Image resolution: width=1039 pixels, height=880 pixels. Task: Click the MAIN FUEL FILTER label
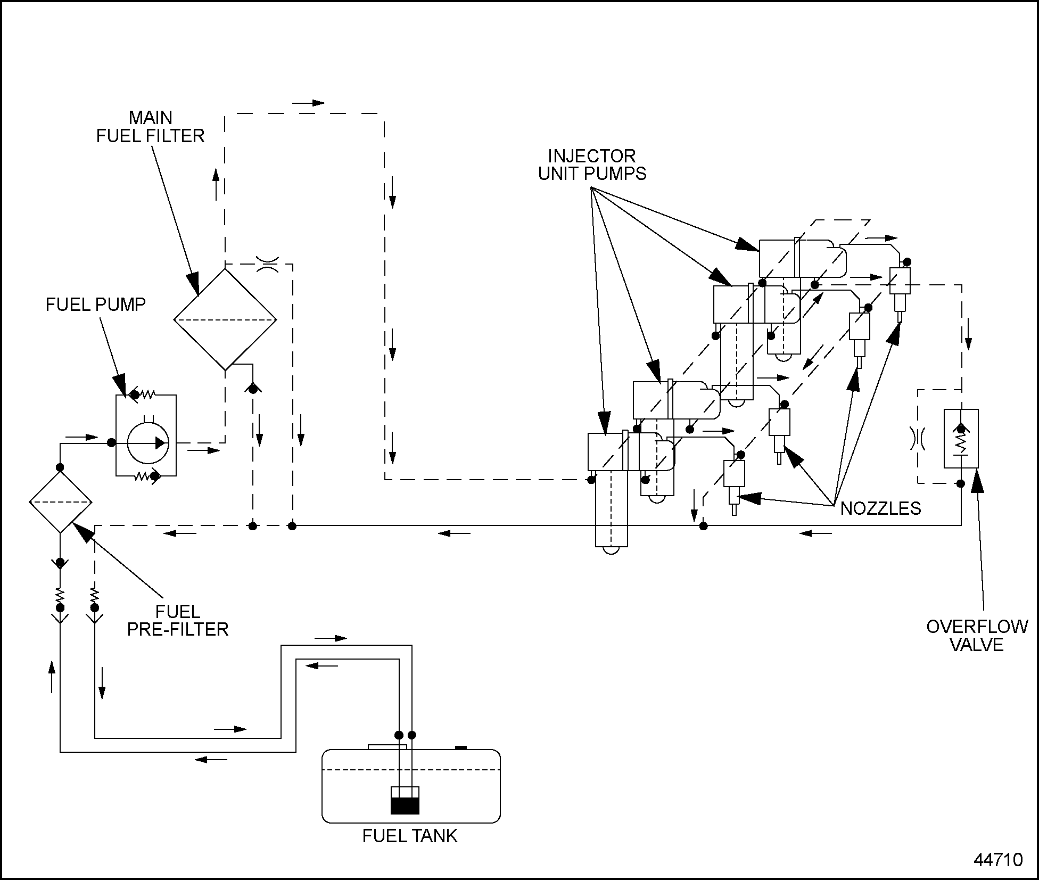point(151,127)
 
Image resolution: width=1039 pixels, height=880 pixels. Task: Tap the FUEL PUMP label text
point(96,305)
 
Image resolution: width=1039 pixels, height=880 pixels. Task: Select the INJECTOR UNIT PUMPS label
point(592,165)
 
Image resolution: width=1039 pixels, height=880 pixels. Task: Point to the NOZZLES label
point(880,508)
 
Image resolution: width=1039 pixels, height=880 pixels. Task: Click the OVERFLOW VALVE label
point(977,636)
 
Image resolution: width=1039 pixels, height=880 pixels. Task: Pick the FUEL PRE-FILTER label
point(177,620)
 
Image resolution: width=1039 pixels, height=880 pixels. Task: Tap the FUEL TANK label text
point(410,836)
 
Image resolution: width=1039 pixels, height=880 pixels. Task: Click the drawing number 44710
point(998,860)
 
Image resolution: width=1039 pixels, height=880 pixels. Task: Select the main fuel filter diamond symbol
point(225,319)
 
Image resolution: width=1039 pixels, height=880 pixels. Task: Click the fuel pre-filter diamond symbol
point(60,502)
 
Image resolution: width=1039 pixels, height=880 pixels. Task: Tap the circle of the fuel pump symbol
point(148,443)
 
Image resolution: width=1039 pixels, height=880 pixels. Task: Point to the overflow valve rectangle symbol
point(961,438)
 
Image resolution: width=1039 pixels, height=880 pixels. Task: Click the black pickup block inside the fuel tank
point(405,806)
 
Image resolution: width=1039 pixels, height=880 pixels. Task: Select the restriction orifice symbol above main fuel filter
point(267,264)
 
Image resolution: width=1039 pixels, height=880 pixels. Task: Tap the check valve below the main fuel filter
point(253,388)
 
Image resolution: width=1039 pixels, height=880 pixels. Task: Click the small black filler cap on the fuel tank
point(461,747)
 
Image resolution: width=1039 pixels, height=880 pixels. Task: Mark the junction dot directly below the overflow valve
point(961,483)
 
